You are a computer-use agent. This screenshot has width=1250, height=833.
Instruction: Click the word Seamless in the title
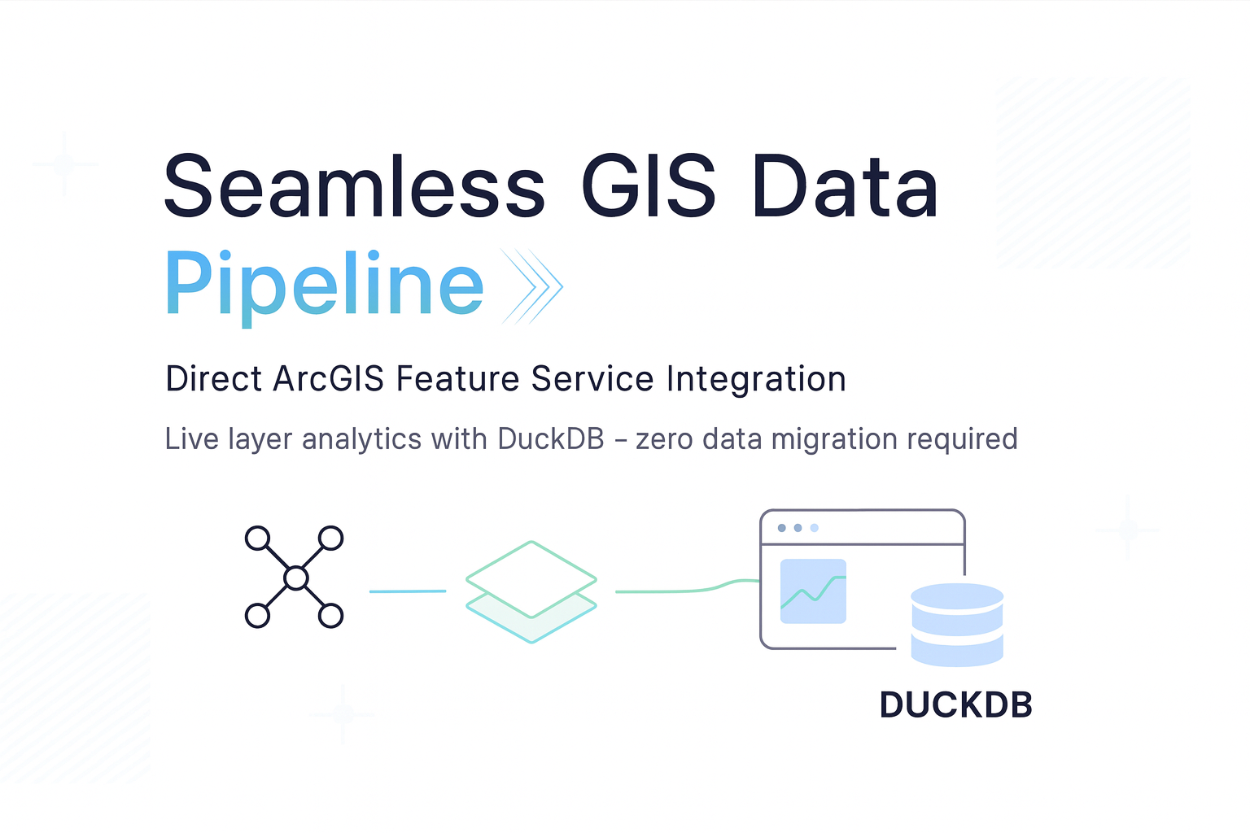pos(354,187)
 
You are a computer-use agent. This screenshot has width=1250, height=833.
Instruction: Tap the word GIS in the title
pos(649,187)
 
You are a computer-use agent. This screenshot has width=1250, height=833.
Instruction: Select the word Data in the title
pos(846,187)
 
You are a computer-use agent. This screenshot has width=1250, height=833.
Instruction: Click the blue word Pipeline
pos(325,285)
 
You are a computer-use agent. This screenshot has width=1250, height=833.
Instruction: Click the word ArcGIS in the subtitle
pos(328,379)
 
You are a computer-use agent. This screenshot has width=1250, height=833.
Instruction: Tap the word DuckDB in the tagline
pos(551,438)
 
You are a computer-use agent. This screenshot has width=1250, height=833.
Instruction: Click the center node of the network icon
pos(295,578)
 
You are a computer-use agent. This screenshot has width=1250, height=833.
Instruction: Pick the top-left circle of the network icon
pos(258,539)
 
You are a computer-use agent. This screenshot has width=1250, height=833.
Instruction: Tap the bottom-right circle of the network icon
pos(330,616)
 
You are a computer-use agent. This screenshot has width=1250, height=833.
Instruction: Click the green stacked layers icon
pos(531,591)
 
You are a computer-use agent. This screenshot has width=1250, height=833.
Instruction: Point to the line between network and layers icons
pos(408,591)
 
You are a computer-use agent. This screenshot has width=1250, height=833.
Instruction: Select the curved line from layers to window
pos(688,589)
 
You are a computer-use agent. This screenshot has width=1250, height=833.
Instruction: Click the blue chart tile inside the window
pos(813,591)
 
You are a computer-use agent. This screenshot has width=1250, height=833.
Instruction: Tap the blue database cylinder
pos(957,624)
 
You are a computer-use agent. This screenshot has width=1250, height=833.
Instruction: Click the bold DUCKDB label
pos(955,705)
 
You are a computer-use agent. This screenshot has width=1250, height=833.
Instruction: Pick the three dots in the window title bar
pos(798,528)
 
